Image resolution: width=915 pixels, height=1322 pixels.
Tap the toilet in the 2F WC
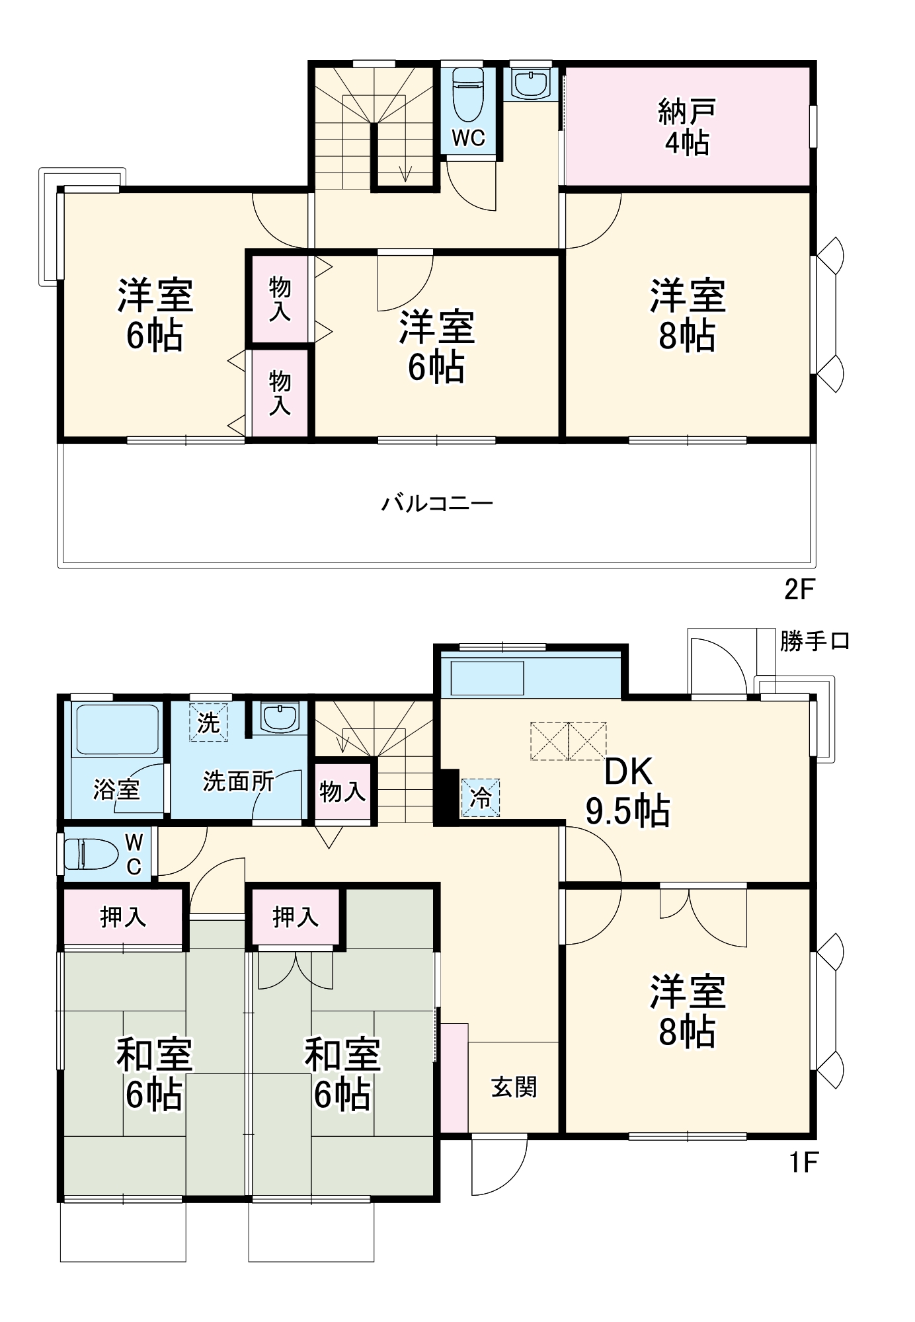(x=468, y=93)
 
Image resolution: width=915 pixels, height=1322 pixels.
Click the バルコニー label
(x=437, y=504)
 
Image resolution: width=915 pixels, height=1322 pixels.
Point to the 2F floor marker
(x=799, y=589)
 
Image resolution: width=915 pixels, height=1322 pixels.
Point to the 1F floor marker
(x=803, y=1162)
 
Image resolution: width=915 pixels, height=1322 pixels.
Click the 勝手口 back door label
(x=814, y=641)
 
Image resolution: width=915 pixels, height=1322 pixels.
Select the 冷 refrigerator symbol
(x=481, y=797)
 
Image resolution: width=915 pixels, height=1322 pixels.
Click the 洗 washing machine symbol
(x=208, y=722)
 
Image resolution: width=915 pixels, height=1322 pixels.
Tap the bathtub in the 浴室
(x=117, y=729)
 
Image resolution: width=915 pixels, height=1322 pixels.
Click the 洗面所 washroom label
(x=238, y=781)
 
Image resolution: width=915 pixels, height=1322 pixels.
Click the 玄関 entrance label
(x=514, y=1087)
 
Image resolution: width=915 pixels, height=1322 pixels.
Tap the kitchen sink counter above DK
(x=487, y=678)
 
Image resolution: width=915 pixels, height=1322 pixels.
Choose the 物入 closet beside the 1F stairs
(x=342, y=791)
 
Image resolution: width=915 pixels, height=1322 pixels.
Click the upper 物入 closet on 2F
(x=280, y=299)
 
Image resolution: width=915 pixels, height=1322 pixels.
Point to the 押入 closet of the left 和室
(x=123, y=916)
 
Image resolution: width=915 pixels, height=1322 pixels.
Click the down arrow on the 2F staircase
(x=405, y=173)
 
